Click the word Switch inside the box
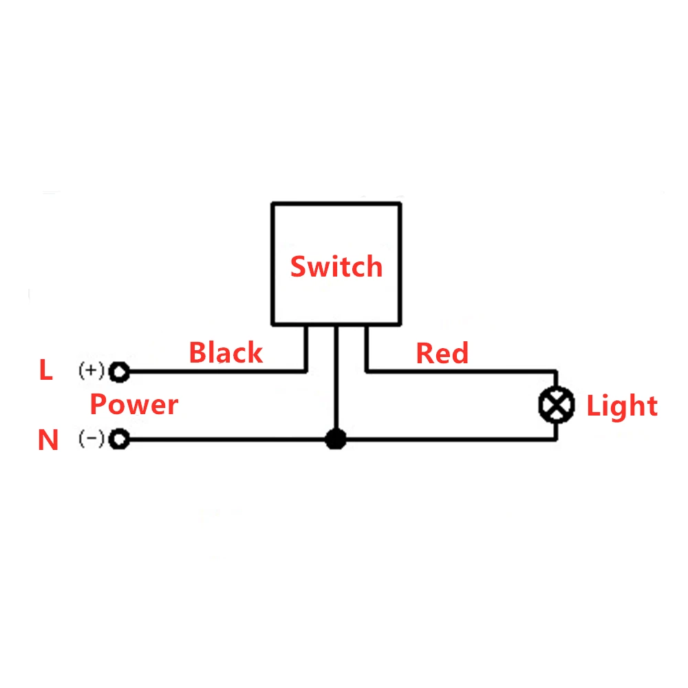(336, 266)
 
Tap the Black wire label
(226, 353)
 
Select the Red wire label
(442, 354)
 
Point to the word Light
(622, 406)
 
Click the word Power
(134, 405)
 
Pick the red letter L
(45, 371)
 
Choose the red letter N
(47, 440)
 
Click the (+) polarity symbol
(92, 372)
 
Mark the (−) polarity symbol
(92, 439)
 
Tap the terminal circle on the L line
(120, 372)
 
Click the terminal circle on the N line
(120, 439)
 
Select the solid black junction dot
(335, 439)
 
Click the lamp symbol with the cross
(556, 405)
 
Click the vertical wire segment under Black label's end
(305, 348)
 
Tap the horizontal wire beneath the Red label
(461, 372)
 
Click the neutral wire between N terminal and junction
(227, 439)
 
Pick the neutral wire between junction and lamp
(447, 439)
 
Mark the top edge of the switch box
(336, 203)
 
